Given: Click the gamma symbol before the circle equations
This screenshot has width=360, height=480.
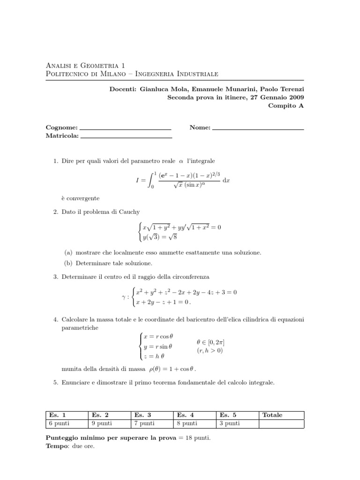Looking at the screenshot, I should tap(123, 297).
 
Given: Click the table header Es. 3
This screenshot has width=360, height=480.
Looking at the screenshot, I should tap(142, 415).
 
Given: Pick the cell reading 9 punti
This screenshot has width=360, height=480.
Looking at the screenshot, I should tap(102, 423).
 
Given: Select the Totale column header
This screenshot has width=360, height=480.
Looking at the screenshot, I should tap(272, 415).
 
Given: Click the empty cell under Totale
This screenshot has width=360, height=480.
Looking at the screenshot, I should tap(281, 423).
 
